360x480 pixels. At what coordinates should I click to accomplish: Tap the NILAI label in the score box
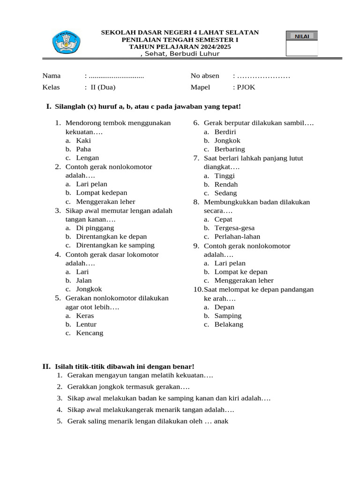[x=301, y=36]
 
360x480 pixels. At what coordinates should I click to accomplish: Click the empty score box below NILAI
[x=301, y=48]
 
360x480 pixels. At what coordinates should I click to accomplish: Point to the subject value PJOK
[x=246, y=87]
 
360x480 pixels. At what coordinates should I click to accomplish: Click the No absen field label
[x=205, y=75]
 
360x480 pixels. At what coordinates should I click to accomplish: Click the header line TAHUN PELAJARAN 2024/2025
[x=180, y=47]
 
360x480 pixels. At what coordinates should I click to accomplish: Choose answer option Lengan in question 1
[x=87, y=158]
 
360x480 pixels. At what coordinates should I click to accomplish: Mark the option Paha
[x=83, y=149]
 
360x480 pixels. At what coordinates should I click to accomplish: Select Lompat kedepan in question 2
[x=101, y=193]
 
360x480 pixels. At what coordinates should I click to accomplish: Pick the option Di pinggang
[x=95, y=228]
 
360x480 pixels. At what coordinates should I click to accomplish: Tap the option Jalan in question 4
[x=84, y=280]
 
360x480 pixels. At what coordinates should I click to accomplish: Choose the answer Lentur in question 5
[x=86, y=324]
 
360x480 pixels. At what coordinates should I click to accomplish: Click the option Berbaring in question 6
[x=229, y=149]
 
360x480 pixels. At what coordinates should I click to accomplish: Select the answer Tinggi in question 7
[x=225, y=176]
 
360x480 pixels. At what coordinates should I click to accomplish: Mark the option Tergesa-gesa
[x=234, y=228]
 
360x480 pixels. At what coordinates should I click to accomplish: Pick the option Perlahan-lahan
[x=237, y=237]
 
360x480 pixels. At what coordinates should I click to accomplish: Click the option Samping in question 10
[x=228, y=316]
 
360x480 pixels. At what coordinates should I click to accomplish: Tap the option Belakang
[x=229, y=324]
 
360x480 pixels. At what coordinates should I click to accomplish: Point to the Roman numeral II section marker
[x=46, y=366]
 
